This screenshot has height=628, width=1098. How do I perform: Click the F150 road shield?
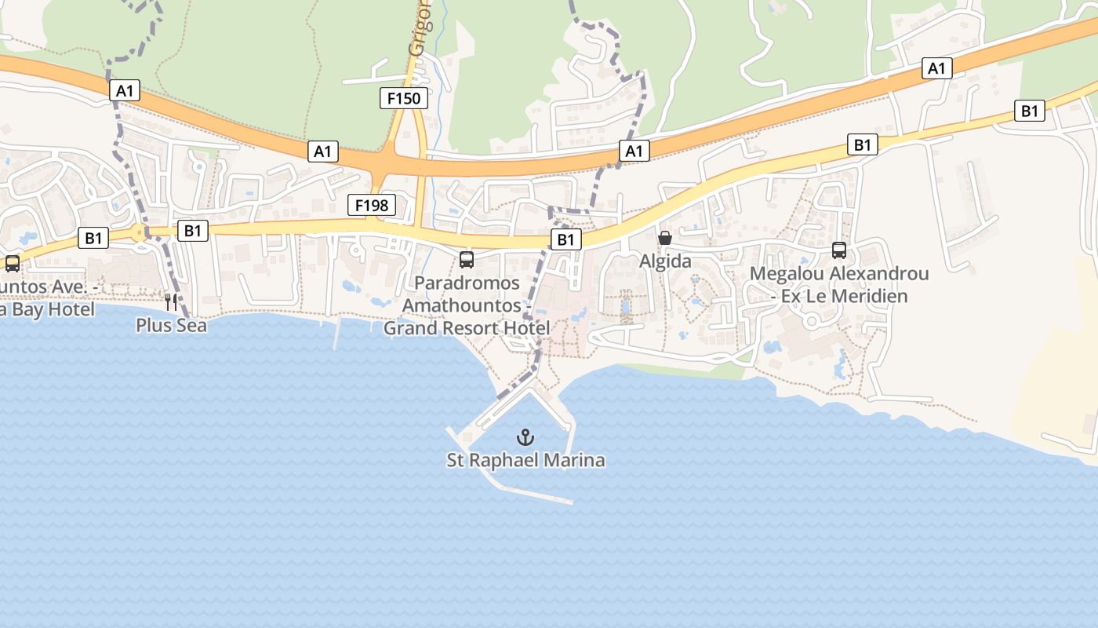(405, 98)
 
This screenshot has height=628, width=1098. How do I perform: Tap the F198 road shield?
(372, 206)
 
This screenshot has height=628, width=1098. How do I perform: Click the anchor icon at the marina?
(526, 437)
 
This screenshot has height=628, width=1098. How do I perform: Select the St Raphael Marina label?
(526, 460)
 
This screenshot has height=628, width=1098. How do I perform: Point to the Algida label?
(665, 261)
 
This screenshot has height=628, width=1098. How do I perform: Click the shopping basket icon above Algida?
(665, 238)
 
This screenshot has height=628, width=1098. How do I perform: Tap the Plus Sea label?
(171, 325)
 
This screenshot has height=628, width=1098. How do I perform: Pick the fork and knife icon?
(171, 301)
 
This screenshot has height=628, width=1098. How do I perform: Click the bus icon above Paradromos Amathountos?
(467, 259)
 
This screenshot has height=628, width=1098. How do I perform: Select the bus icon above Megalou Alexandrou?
(839, 250)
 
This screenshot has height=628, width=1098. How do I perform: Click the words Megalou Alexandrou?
(839, 274)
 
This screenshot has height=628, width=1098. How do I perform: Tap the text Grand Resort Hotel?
(466, 328)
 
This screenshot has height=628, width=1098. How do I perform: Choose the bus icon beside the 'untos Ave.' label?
(13, 264)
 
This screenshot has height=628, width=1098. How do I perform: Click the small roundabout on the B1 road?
(139, 232)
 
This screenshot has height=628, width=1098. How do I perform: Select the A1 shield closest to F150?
(323, 152)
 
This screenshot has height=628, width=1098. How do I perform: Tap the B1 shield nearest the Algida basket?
(566, 239)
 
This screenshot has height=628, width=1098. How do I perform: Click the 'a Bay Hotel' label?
(47, 309)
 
